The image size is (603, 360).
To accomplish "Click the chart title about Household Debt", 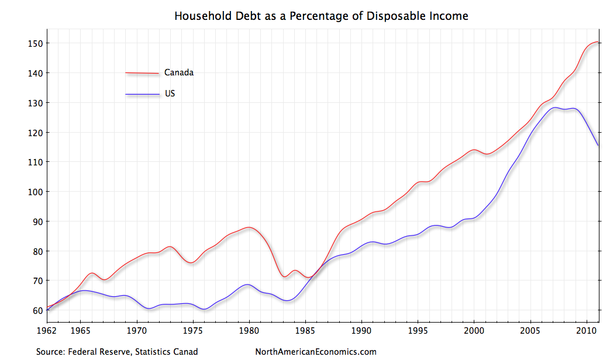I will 321,16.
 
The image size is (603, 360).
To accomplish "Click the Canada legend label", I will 178,73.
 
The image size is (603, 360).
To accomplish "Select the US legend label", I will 170,94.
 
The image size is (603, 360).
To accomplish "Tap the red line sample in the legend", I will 142,73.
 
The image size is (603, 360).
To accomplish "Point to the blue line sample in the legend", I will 142,94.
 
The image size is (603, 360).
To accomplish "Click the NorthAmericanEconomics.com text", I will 316,352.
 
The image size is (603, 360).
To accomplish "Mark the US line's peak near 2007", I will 554,108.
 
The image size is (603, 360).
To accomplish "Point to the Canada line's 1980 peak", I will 249,227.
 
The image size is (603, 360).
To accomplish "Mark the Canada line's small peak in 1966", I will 92,273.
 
